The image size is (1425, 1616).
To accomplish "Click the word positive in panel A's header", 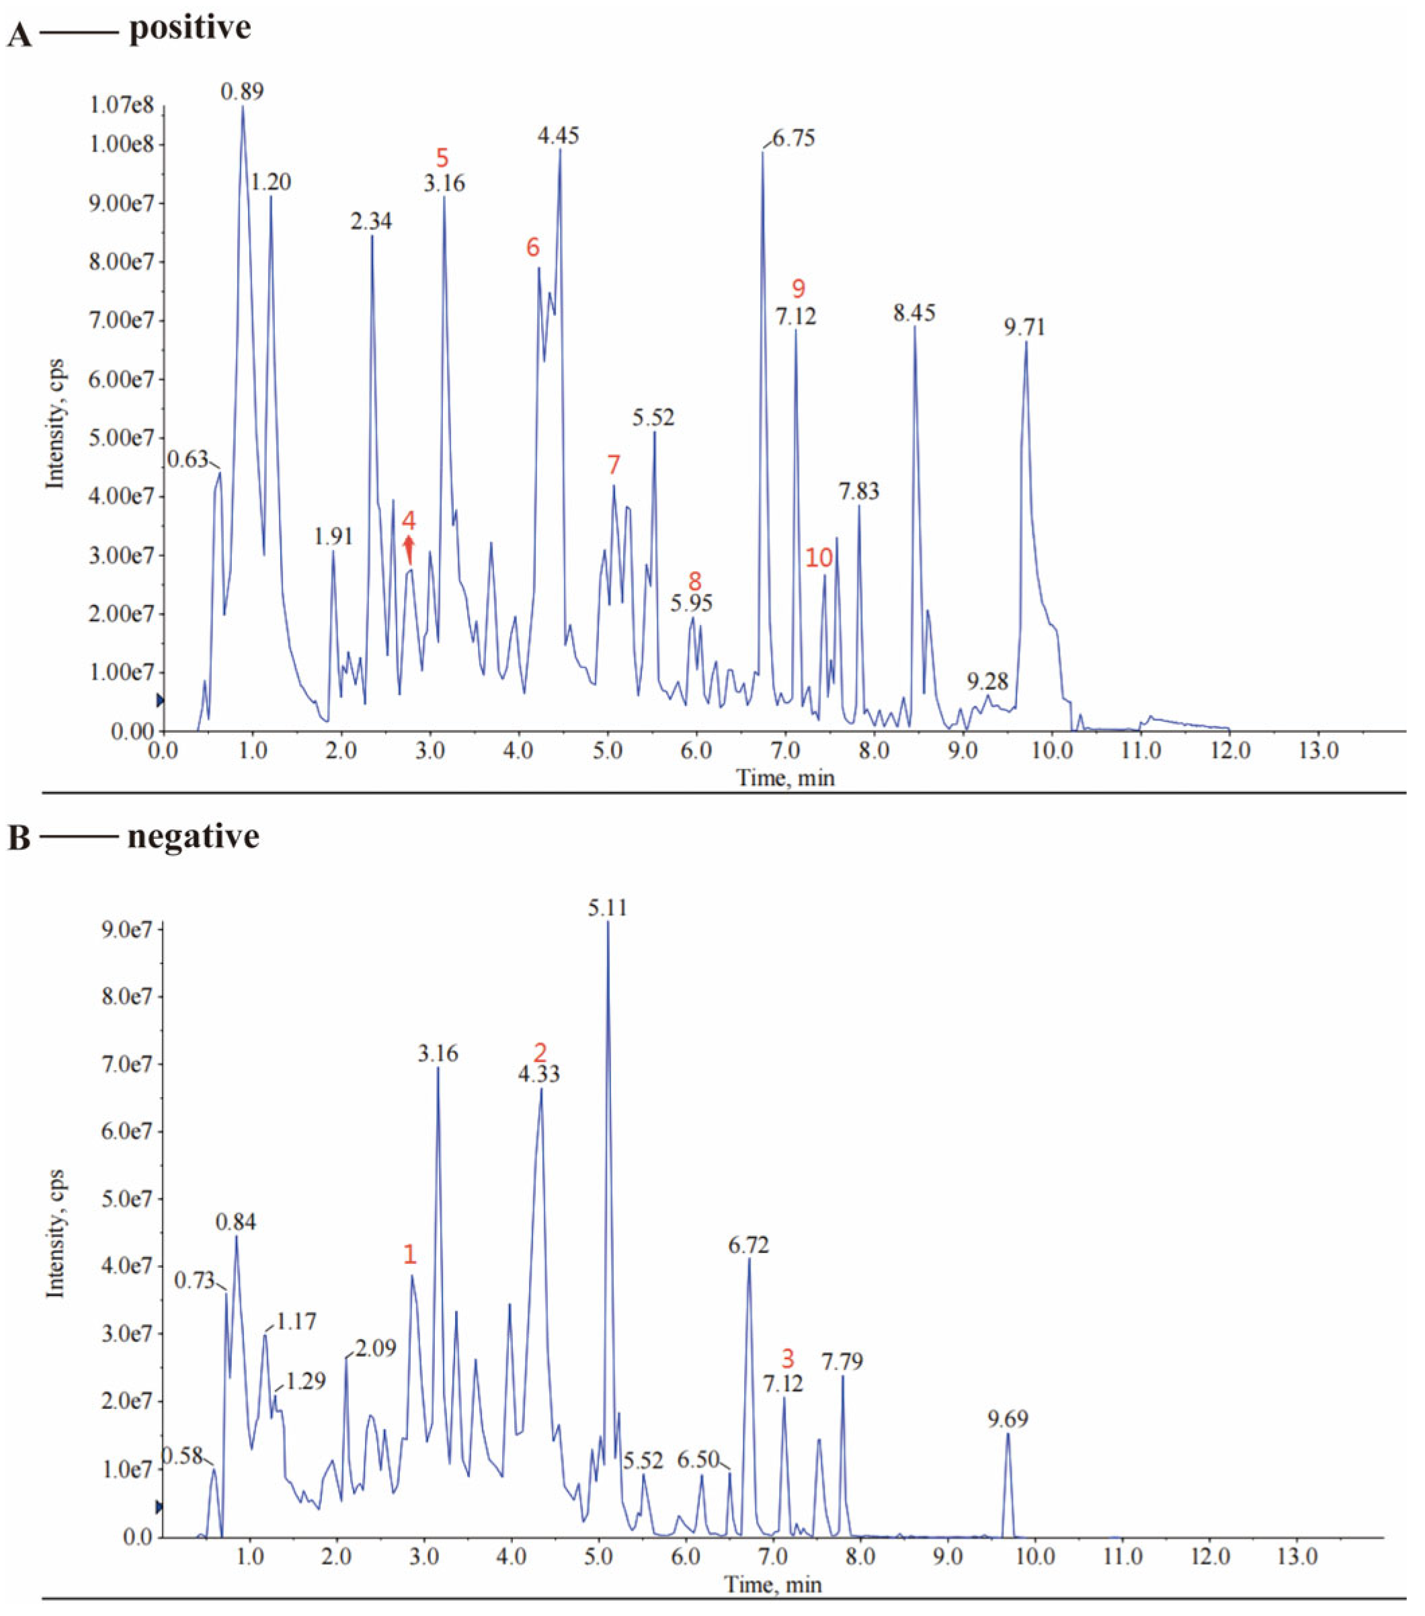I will coord(190,28).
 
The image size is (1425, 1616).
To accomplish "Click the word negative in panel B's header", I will coord(193,836).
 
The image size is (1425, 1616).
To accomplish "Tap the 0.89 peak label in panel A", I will coord(242,91).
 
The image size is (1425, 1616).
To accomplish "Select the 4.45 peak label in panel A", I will coord(558,136).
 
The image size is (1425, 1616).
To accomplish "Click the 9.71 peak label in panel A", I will coord(1024,327).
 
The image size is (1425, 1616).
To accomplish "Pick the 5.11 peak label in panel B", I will coord(607,907).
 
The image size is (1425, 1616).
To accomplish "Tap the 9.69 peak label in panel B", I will coord(1008,1419).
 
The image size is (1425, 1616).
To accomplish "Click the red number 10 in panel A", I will coord(819,558).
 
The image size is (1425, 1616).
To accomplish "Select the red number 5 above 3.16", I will coord(442,157).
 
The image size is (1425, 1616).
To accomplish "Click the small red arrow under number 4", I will coord(409,549).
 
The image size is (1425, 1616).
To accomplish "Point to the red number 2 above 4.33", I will coord(540,1052).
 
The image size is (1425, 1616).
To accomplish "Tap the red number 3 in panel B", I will coord(787,1359).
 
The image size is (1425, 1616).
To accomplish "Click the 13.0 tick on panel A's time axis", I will coord(1318,750).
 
